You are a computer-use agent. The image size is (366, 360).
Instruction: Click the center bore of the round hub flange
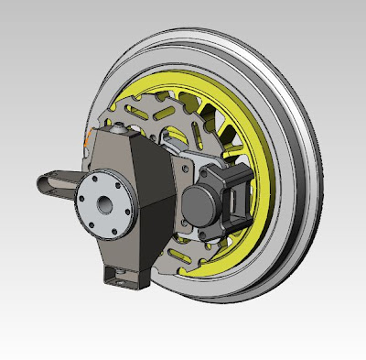103,202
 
